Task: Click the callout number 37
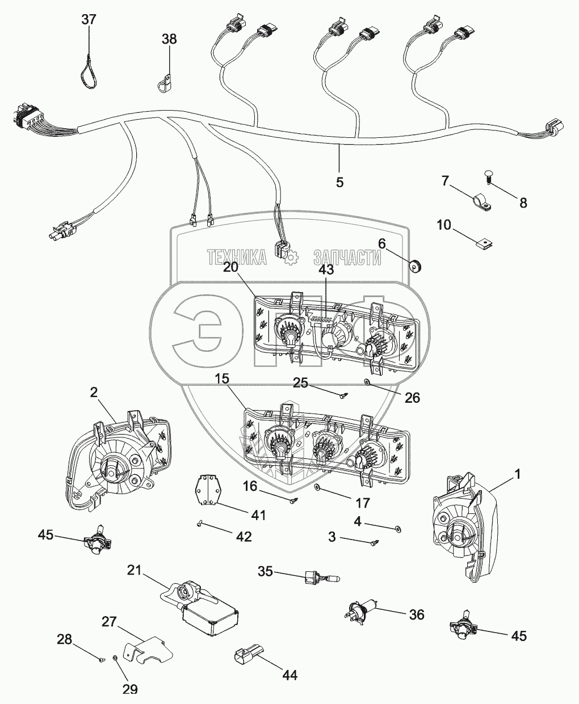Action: coord(89,20)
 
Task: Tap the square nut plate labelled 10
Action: coord(482,246)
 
